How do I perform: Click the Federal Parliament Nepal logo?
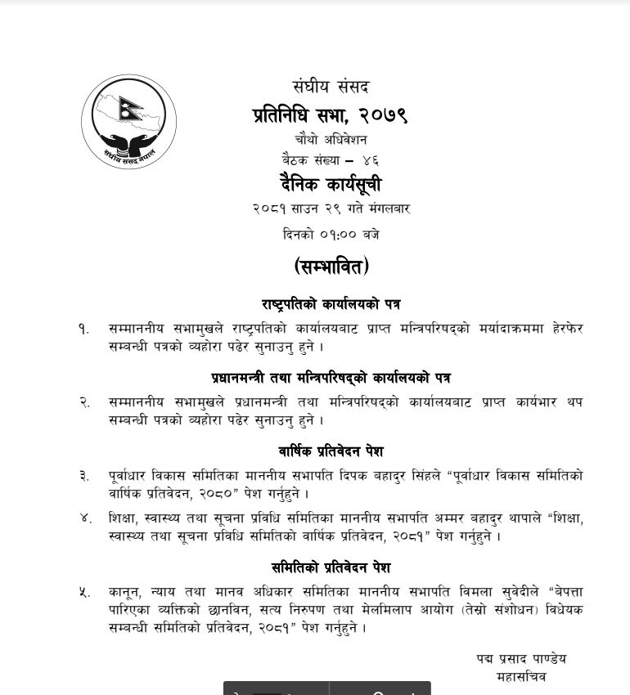click(x=129, y=122)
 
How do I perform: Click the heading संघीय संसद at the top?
click(x=331, y=86)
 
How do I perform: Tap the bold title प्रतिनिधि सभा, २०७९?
click(x=330, y=115)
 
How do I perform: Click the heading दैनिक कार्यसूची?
click(x=330, y=185)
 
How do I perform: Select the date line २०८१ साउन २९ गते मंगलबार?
click(x=331, y=209)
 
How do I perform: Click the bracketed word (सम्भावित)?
click(x=331, y=267)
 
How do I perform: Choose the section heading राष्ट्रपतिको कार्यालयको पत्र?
click(x=331, y=304)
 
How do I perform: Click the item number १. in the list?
click(x=83, y=328)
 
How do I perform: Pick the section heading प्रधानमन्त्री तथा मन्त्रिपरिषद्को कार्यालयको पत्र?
click(x=331, y=378)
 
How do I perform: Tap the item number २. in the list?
click(x=84, y=402)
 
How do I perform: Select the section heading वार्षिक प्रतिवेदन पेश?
click(x=331, y=451)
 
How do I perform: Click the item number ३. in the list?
click(x=84, y=476)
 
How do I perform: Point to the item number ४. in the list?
click(x=85, y=518)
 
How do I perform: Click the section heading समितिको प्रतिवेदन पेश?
click(x=331, y=567)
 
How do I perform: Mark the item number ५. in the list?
click(x=84, y=592)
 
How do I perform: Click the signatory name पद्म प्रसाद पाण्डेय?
click(x=521, y=659)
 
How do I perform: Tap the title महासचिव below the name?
click(x=521, y=677)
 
